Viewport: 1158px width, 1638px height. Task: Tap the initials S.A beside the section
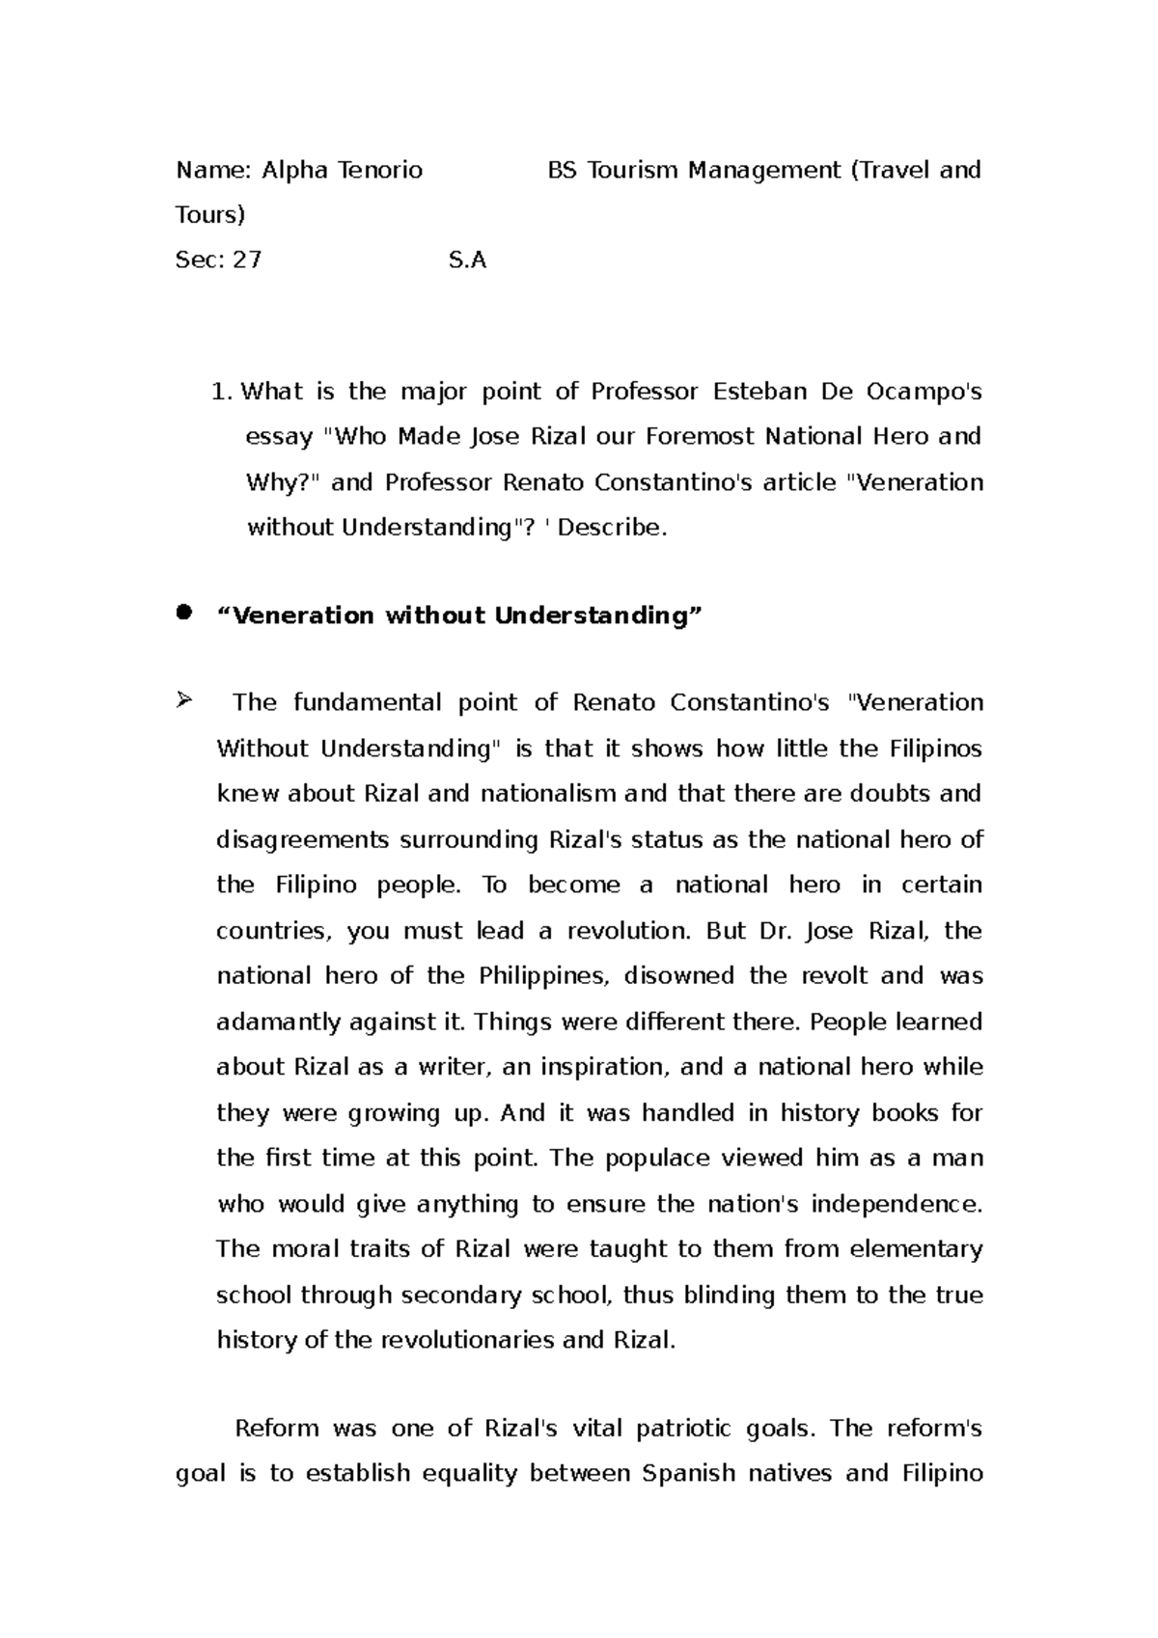[x=468, y=259]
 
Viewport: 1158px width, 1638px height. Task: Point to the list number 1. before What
[x=222, y=392]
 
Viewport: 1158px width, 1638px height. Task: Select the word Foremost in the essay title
[x=701, y=437]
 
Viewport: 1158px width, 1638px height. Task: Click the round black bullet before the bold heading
[x=183, y=613]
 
